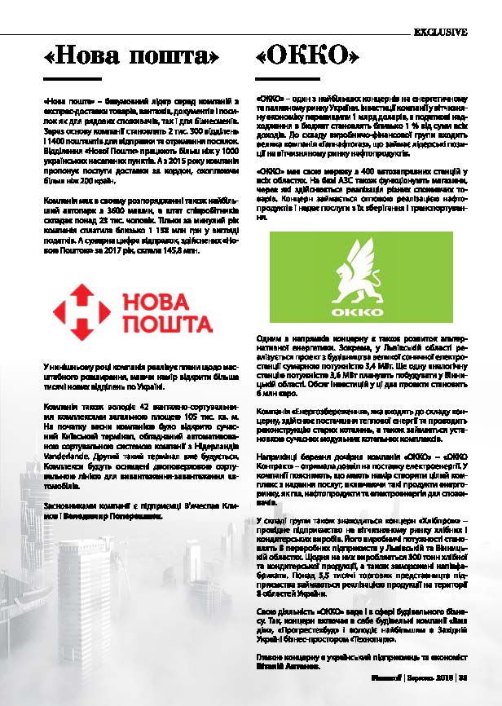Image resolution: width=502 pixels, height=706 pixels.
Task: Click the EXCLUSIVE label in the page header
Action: [x=440, y=33]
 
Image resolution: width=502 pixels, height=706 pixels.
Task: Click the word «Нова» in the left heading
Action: [x=88, y=56]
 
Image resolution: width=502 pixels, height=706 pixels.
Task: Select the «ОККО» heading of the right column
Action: [x=307, y=56]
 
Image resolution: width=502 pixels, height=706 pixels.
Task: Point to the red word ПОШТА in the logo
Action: [x=167, y=325]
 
